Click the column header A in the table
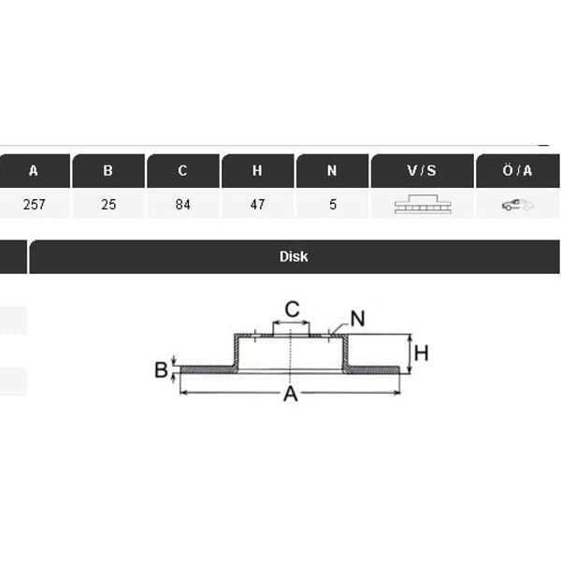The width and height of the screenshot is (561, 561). pyautogui.click(x=34, y=171)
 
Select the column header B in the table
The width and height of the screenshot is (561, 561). pyautogui.click(x=108, y=171)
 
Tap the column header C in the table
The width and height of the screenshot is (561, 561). pyautogui.click(x=183, y=171)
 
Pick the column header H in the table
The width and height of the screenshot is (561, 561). pyautogui.click(x=257, y=171)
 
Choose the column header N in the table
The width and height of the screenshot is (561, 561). pyautogui.click(x=332, y=171)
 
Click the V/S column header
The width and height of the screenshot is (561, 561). pyautogui.click(x=422, y=171)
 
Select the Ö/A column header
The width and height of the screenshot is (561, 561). pyautogui.click(x=517, y=171)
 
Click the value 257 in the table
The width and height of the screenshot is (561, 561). pyautogui.click(x=34, y=204)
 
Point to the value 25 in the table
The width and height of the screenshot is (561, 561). pyautogui.click(x=108, y=204)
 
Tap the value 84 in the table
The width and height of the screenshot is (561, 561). pyautogui.click(x=183, y=204)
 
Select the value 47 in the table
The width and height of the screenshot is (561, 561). pyautogui.click(x=257, y=204)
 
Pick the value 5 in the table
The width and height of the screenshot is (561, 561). pyautogui.click(x=333, y=204)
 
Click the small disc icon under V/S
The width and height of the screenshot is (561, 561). pyautogui.click(x=422, y=205)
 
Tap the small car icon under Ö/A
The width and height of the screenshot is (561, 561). pyautogui.click(x=517, y=205)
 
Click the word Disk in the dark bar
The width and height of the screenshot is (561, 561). pyautogui.click(x=294, y=256)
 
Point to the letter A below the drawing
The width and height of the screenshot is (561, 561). pyautogui.click(x=291, y=395)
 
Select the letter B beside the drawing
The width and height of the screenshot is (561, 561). pyautogui.click(x=161, y=370)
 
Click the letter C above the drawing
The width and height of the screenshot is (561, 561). pyautogui.click(x=292, y=309)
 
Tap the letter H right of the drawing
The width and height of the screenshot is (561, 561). pyautogui.click(x=421, y=353)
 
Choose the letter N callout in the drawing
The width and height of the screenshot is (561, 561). pyautogui.click(x=357, y=318)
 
